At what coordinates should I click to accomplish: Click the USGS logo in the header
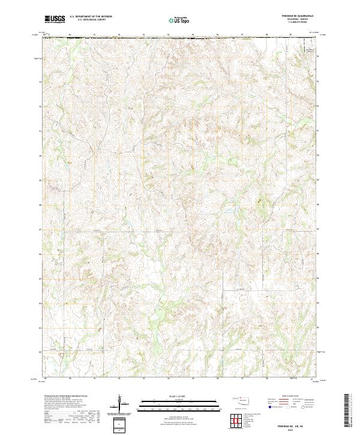[55, 19]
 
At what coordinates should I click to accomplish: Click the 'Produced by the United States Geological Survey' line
[66, 397]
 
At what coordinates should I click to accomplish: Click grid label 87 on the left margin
[41, 229]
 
